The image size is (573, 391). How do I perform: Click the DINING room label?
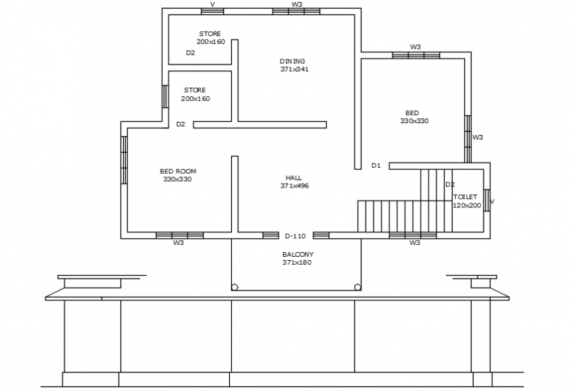[x=292, y=61]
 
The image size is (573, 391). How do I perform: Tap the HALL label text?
[x=294, y=178]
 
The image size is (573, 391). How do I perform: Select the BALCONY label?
[x=298, y=254]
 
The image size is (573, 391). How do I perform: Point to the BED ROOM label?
[x=178, y=171]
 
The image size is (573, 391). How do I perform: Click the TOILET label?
[x=465, y=197]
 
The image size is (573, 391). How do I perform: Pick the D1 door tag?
[x=375, y=165]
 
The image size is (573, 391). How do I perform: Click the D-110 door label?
[x=295, y=236]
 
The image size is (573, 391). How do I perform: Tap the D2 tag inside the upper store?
[x=190, y=53]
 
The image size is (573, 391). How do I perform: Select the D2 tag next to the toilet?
[x=450, y=184]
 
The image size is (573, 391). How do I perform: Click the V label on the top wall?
[x=212, y=4]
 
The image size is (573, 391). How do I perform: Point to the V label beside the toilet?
[x=493, y=201]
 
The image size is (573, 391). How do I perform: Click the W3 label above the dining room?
[x=296, y=4]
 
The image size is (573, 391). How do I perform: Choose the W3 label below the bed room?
[x=178, y=243]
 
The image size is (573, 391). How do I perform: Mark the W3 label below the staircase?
[x=414, y=243]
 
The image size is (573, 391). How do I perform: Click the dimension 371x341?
[x=294, y=69]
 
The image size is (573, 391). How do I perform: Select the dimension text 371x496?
[x=294, y=186]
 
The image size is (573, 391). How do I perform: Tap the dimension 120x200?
[x=467, y=205]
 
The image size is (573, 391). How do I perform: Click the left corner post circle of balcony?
[x=234, y=287]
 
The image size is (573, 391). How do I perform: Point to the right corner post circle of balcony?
[x=358, y=287]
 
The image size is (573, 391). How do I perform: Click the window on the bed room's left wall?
[x=124, y=160]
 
